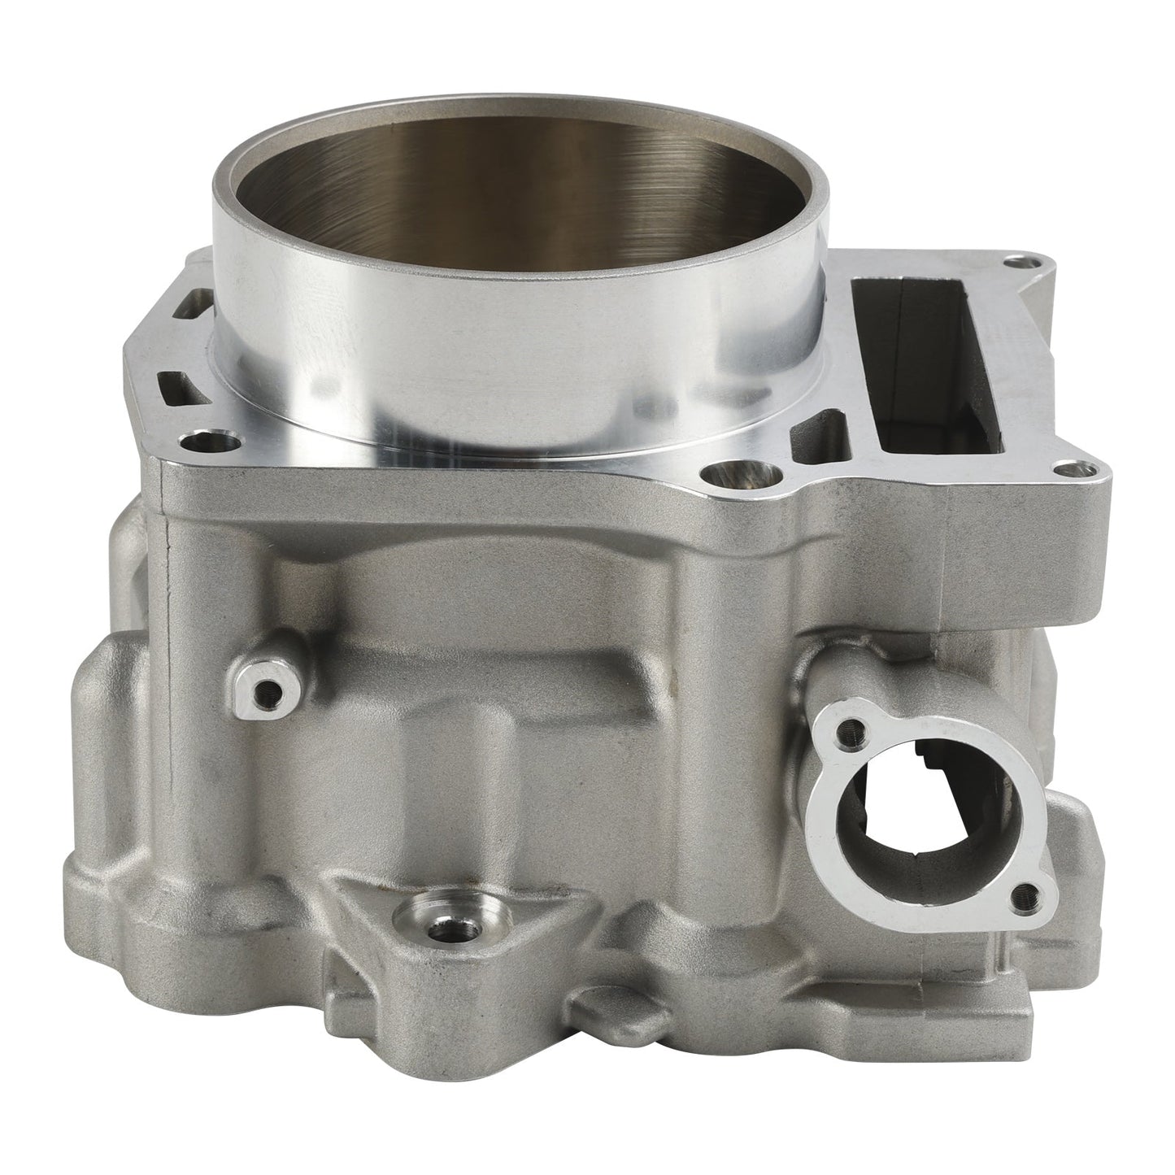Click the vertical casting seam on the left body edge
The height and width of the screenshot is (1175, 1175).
pyautogui.click(x=168, y=585)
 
